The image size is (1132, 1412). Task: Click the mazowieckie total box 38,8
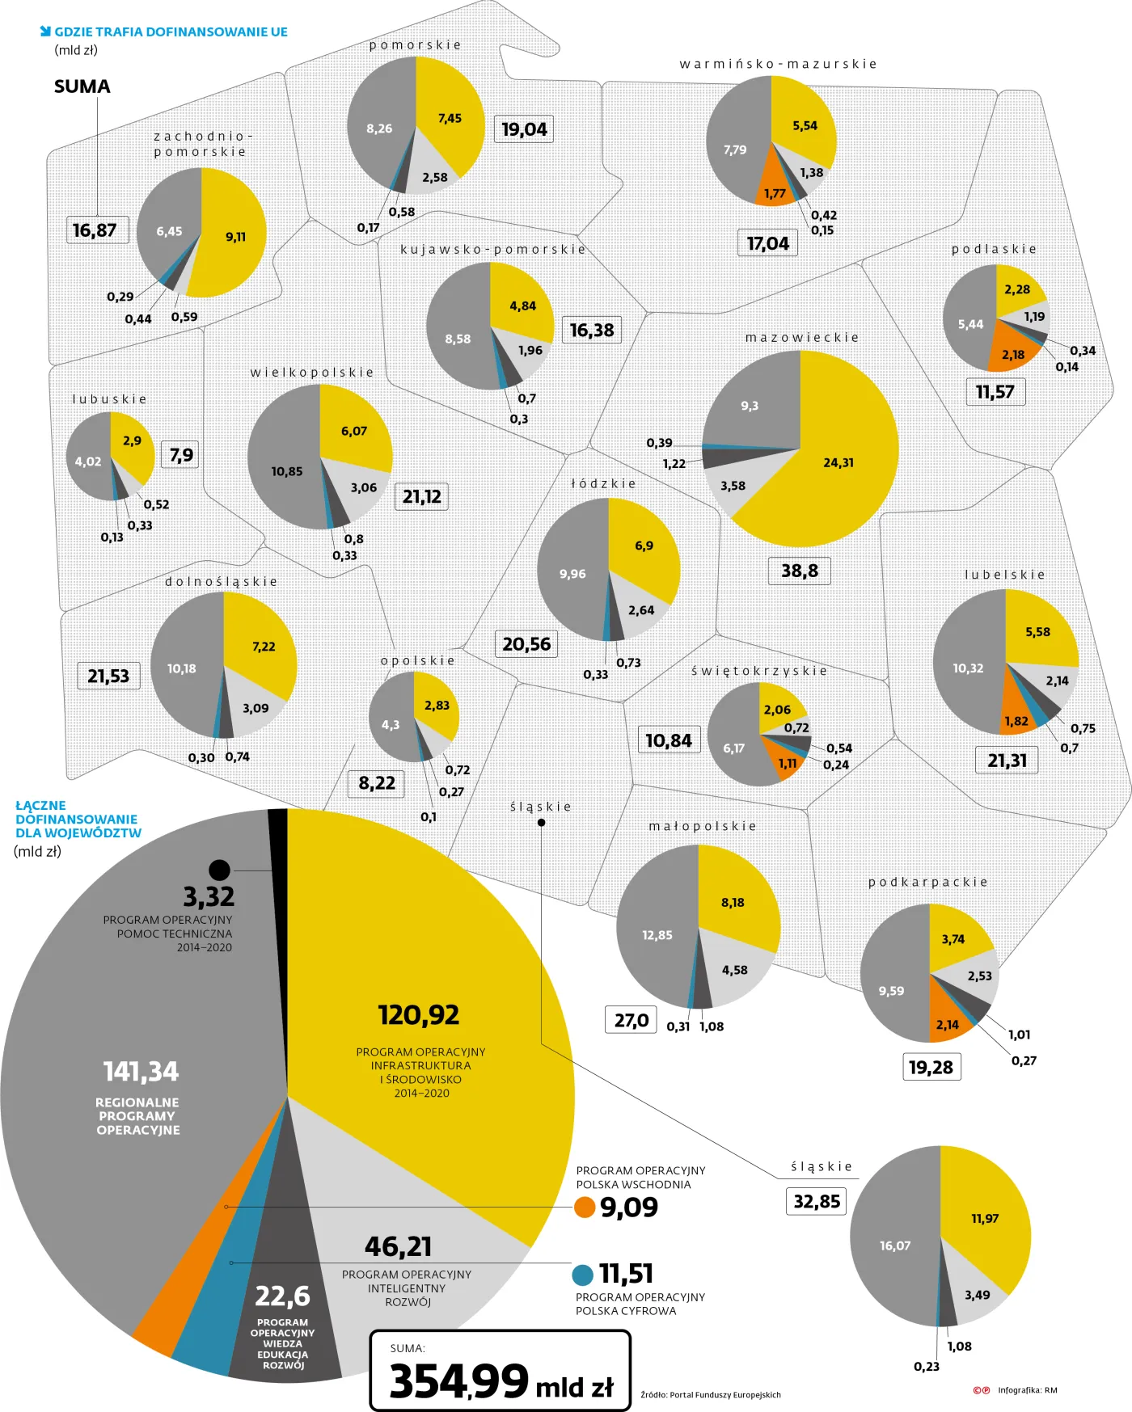(800, 571)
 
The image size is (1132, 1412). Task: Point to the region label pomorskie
(415, 45)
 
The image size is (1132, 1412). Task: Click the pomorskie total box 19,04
(524, 129)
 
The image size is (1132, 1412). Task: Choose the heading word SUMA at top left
(82, 86)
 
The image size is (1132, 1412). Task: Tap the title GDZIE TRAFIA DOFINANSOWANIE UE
(170, 32)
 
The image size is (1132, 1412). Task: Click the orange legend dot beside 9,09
(585, 1208)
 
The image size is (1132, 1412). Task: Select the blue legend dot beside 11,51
(582, 1275)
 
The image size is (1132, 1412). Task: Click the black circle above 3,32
(219, 870)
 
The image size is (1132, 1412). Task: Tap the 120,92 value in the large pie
(418, 1015)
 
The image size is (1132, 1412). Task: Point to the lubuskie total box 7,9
(181, 455)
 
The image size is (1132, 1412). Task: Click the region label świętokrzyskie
(759, 671)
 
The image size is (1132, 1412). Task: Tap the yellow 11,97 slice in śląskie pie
(986, 1212)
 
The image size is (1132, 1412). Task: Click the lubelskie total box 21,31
(1007, 761)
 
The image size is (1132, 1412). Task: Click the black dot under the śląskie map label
(541, 823)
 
